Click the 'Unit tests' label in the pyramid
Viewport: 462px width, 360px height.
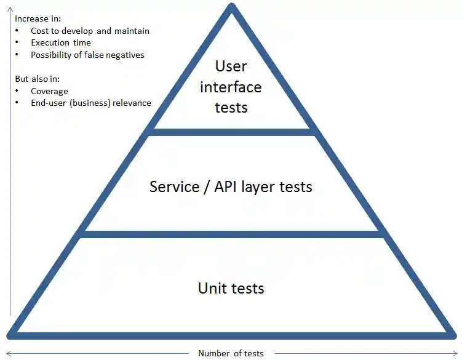coord(231,288)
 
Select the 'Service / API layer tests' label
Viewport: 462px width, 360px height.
coord(231,186)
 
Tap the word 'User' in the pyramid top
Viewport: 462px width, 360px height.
coord(231,66)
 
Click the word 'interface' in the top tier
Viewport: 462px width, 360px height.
coord(231,87)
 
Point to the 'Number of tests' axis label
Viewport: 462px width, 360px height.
coord(231,353)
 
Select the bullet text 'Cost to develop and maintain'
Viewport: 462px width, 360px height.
coord(90,31)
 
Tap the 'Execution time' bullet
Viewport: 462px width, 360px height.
coord(61,43)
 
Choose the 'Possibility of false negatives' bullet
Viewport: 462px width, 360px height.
coord(87,55)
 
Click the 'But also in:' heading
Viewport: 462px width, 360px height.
coord(37,79)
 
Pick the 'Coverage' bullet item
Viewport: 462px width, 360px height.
coord(49,91)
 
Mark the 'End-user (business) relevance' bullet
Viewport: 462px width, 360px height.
coord(91,103)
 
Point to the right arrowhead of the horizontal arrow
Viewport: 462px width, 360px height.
coord(456,353)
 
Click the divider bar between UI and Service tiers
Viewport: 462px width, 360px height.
coord(231,132)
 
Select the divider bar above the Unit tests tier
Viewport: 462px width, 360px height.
coord(231,234)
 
